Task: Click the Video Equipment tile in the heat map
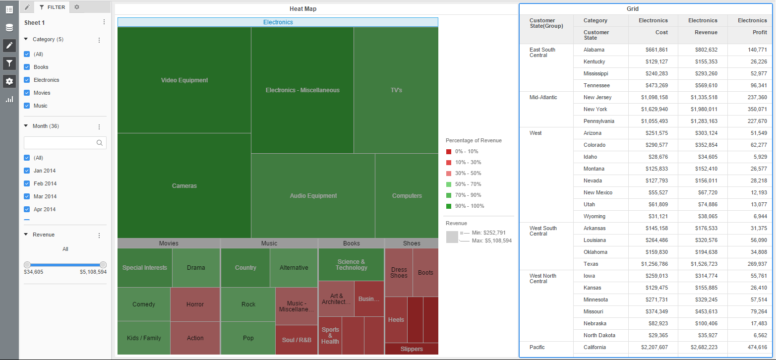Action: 184,80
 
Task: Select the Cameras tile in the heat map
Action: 184,186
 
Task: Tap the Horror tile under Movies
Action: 195,304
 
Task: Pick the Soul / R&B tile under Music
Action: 297,340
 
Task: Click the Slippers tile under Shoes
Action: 412,349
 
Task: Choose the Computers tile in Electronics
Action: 407,196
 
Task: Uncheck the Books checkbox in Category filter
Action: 27,67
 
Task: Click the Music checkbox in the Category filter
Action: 27,106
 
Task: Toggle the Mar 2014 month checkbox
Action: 27,196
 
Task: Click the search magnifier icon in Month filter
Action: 100,143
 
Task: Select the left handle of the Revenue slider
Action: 27,265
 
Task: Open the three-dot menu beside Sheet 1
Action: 104,22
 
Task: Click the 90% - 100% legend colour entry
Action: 449,206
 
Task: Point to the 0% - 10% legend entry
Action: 449,152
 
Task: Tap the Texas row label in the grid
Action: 591,264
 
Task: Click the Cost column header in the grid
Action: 660,32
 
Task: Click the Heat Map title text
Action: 303,9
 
